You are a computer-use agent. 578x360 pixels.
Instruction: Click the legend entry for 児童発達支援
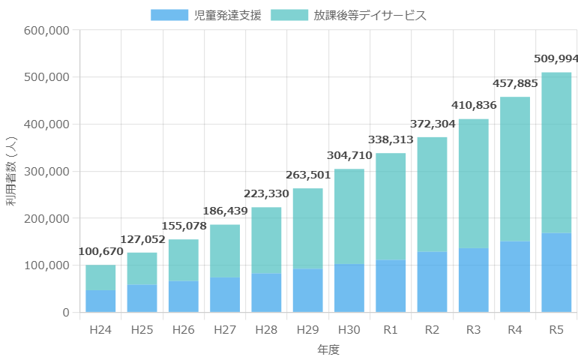[x=206, y=15]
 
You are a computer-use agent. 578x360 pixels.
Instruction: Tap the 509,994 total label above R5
[x=556, y=58]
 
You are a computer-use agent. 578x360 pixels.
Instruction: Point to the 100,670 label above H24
[x=100, y=251]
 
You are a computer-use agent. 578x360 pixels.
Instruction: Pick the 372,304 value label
[x=433, y=123]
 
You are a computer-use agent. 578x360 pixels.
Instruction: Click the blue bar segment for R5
[x=556, y=272]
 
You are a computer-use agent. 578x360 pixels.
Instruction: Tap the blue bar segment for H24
[x=100, y=301]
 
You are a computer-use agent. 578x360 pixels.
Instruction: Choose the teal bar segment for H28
[x=266, y=240]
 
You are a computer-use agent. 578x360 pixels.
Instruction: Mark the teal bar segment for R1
[x=391, y=206]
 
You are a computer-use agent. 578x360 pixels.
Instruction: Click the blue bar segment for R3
[x=474, y=280]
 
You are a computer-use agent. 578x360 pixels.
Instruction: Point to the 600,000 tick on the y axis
[x=47, y=31]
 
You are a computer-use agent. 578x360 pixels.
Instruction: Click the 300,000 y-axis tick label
[x=47, y=172]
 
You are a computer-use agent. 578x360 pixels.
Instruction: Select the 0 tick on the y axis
[x=66, y=312]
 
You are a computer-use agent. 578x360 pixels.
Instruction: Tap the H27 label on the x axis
[x=225, y=329]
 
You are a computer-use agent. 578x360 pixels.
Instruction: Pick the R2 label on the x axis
[x=432, y=329]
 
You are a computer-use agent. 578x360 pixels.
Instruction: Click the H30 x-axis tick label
[x=349, y=329]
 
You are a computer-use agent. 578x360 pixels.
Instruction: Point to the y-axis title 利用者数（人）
[x=12, y=172]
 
